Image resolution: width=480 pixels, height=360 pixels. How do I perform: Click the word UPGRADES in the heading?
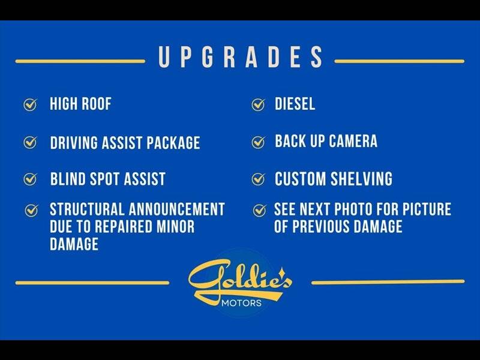click(241, 57)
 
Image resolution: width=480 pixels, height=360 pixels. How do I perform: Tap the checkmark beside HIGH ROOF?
click(31, 104)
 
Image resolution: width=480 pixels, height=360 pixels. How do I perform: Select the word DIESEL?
click(295, 103)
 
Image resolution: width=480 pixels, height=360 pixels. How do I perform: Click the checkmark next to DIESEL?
click(258, 104)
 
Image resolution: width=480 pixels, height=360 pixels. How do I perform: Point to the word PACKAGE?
click(173, 143)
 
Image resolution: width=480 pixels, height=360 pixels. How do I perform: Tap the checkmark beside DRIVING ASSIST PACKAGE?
click(31, 142)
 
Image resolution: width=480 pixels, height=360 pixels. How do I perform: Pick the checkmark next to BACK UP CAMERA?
click(258, 142)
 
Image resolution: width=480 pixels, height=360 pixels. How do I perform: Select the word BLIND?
click(68, 179)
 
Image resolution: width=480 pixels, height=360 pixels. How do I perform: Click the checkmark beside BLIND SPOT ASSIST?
click(31, 179)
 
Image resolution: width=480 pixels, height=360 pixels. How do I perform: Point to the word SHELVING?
click(361, 179)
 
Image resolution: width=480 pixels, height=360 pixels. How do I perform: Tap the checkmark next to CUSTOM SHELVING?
click(258, 179)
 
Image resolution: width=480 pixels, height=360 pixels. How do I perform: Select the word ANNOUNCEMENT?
click(177, 209)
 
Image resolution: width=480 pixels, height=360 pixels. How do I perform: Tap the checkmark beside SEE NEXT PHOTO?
click(260, 211)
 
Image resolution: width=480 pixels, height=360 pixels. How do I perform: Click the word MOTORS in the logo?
click(242, 303)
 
